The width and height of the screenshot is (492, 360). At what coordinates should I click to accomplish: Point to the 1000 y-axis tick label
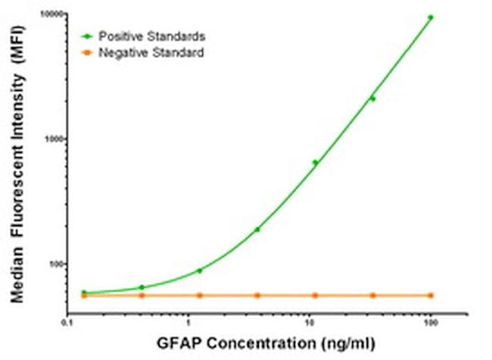52,139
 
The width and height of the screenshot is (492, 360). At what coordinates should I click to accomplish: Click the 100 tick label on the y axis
54,264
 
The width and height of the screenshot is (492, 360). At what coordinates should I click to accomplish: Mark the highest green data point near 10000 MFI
431,17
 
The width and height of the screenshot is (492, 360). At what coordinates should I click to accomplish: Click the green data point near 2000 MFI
372,98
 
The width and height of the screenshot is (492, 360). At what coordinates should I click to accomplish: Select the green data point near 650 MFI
315,162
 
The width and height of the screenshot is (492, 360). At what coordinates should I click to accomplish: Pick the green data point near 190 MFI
257,229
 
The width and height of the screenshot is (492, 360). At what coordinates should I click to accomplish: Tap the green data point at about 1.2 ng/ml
199,270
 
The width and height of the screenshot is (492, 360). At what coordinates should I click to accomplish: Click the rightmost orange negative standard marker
431,295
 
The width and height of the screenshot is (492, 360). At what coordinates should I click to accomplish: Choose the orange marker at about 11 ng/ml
315,295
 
